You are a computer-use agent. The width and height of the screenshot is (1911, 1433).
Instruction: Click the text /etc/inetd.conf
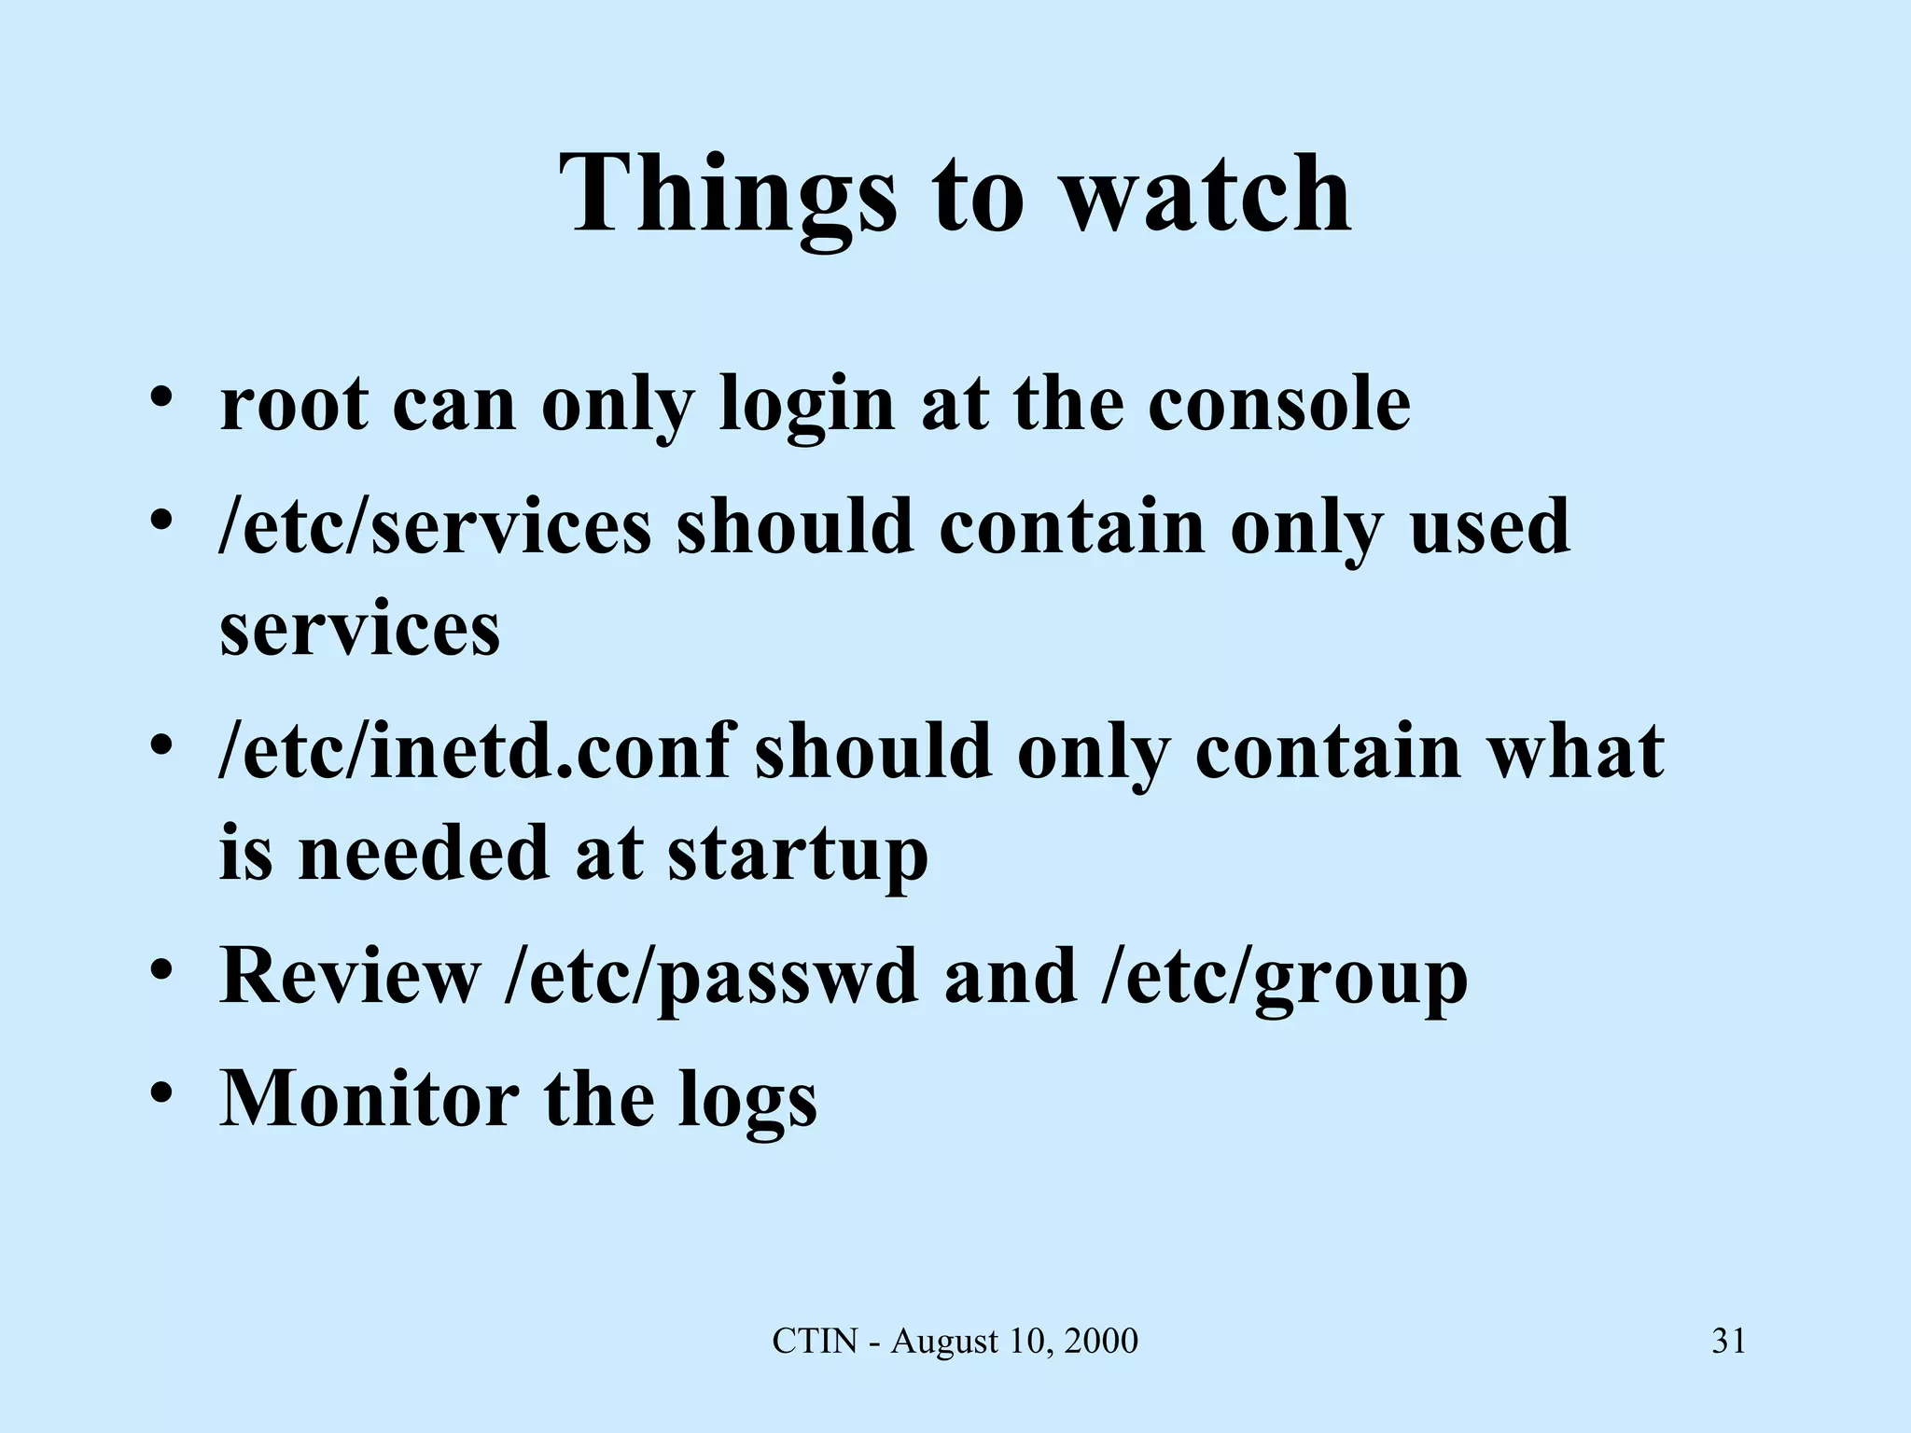[473, 752]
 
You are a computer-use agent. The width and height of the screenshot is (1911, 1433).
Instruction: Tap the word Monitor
[369, 1099]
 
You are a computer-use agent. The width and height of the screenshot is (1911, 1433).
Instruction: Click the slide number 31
[1728, 1342]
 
